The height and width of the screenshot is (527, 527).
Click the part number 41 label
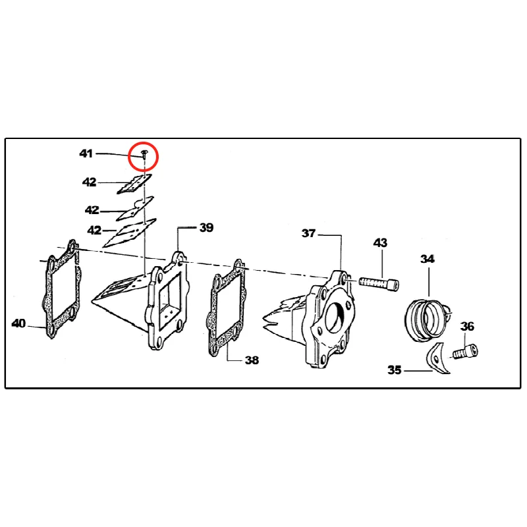(86, 153)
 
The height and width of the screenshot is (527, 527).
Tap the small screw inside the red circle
(144, 155)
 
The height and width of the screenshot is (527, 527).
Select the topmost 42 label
(89, 182)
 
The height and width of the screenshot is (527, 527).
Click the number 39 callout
(206, 227)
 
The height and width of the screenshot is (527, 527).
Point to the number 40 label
(18, 323)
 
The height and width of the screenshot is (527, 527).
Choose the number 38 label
(252, 360)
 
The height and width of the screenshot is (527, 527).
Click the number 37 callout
(308, 233)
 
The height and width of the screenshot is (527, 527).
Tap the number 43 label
(380, 242)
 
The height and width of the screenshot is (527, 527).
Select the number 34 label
(427, 259)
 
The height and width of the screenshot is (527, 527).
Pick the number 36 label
(467, 326)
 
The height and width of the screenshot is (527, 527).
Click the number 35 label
(394, 370)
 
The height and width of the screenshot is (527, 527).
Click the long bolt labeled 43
(379, 283)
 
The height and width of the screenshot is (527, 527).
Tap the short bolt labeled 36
(466, 352)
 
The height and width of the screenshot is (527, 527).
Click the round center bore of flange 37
(337, 318)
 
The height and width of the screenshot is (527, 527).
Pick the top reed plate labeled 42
(134, 184)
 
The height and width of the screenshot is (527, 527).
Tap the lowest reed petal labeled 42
(129, 233)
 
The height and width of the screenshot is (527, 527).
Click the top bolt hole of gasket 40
(72, 248)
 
